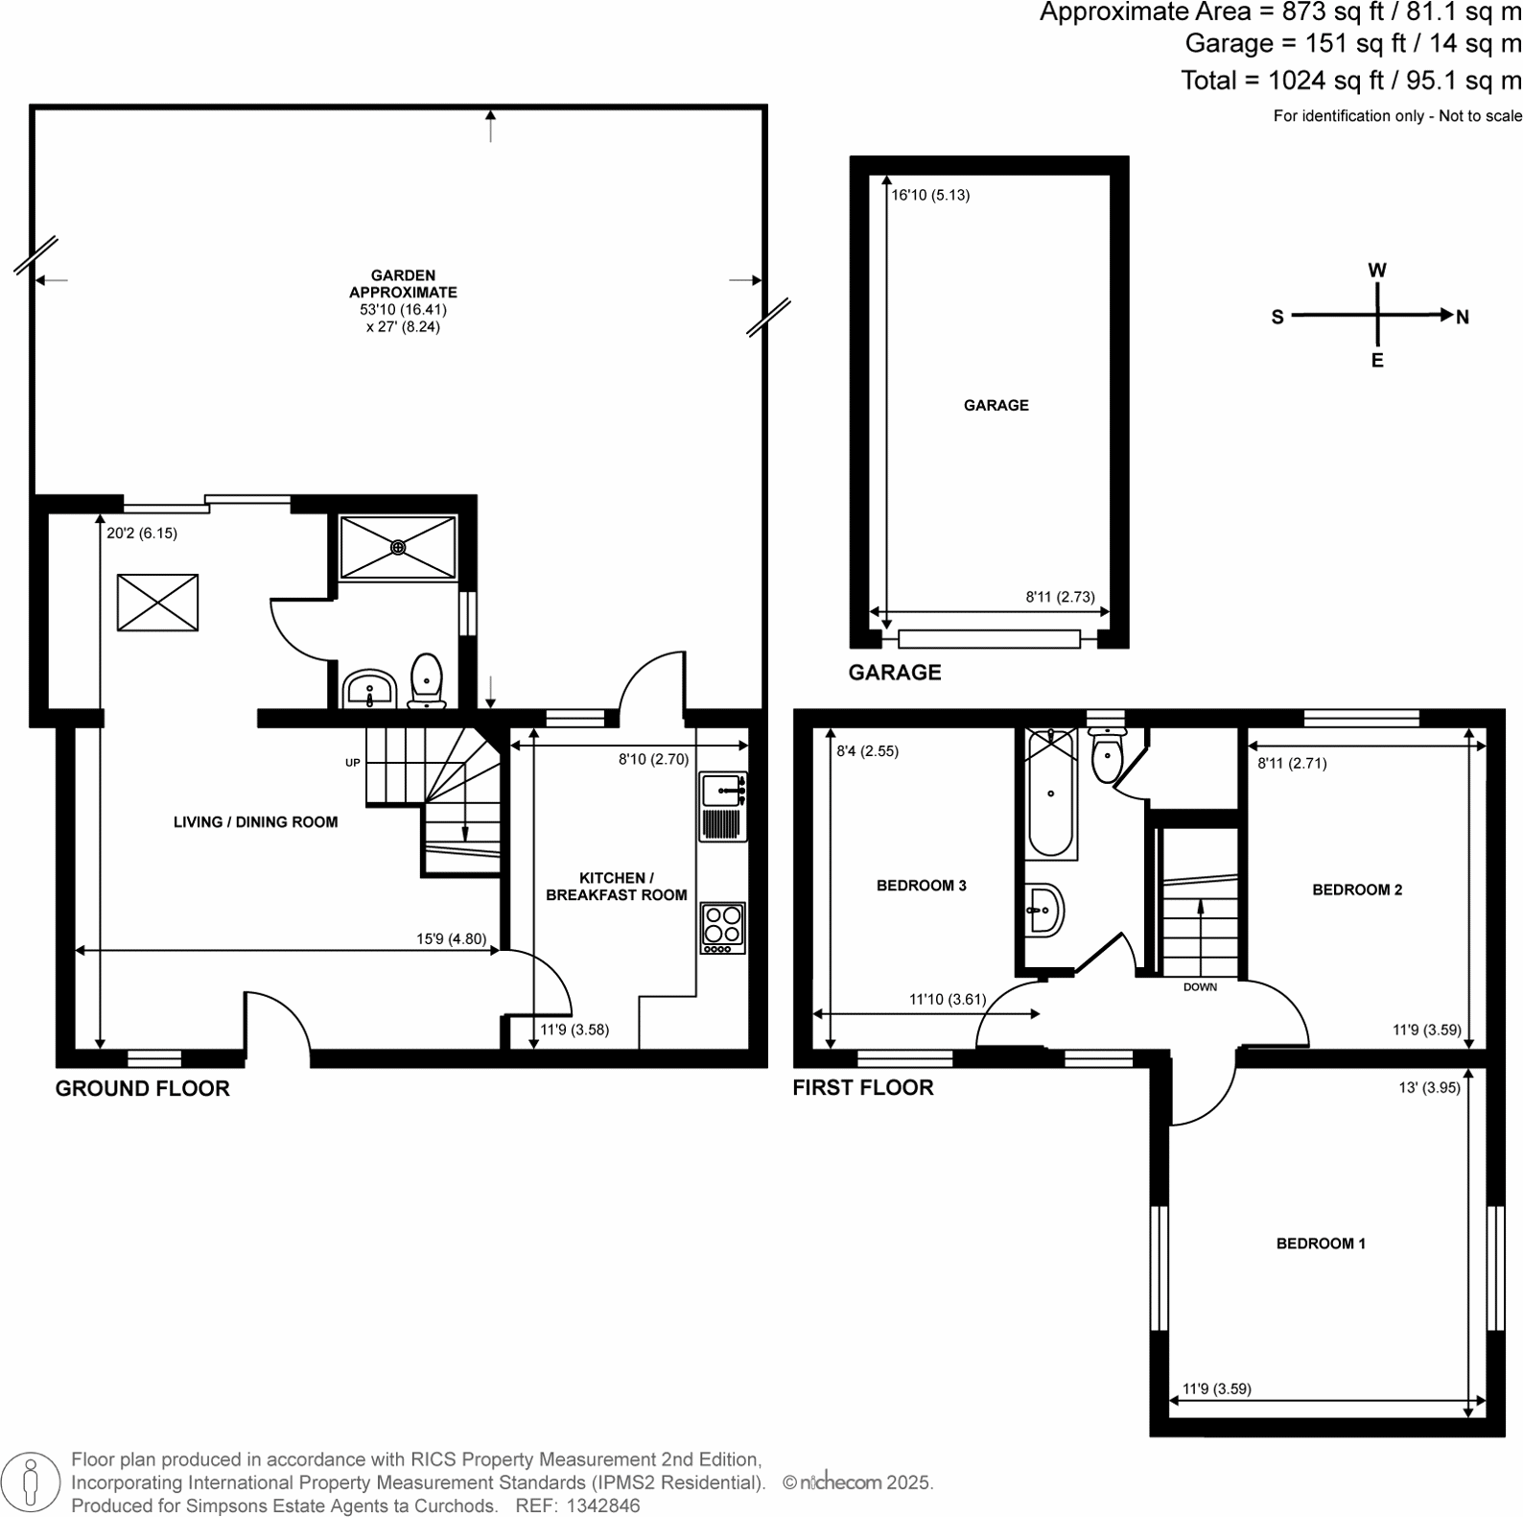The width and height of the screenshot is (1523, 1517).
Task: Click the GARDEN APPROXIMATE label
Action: coord(403,284)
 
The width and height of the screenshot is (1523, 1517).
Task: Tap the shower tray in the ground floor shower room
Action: coord(398,547)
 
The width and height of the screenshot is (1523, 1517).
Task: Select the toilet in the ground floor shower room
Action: coord(426,679)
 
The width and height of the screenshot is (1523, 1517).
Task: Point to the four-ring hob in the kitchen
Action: coord(722,927)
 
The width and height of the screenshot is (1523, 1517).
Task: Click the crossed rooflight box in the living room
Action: coord(157,603)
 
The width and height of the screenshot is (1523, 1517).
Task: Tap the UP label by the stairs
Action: coord(353,763)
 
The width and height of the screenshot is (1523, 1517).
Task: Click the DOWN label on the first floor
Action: coord(1200,986)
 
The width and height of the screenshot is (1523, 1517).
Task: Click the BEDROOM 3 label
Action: coord(921,886)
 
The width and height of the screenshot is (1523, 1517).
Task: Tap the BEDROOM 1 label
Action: coord(1321,1244)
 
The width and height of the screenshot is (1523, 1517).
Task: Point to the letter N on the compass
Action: coord(1463,318)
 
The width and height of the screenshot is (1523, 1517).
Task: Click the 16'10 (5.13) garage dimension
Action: coord(930,195)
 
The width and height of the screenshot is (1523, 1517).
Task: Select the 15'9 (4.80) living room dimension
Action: coord(451,939)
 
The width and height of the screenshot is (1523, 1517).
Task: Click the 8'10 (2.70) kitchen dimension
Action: coord(653,759)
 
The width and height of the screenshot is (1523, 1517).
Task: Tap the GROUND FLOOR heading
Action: coord(142,1088)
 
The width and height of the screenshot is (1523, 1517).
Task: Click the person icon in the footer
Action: coord(31,1482)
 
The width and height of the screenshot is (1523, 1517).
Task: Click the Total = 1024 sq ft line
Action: coord(1350,81)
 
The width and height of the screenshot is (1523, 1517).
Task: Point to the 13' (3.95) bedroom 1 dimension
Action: coord(1429,1087)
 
